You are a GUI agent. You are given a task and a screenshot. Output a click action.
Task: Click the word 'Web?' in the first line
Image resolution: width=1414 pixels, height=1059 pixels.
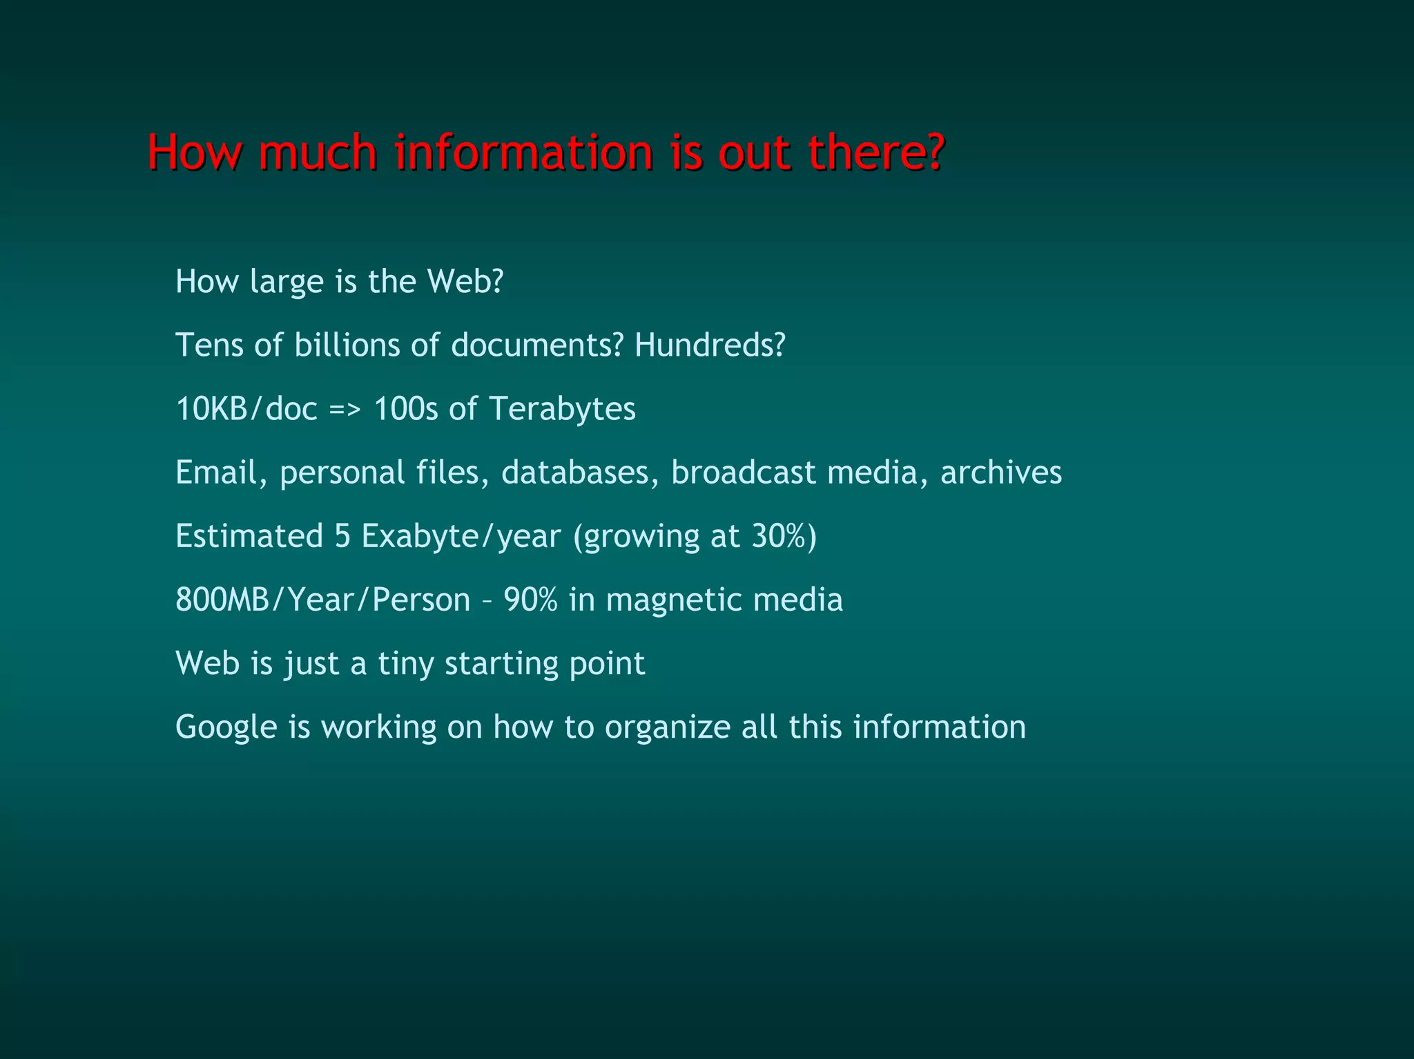[465, 281]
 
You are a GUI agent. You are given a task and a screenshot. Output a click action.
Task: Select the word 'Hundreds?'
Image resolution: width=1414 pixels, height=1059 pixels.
[710, 345]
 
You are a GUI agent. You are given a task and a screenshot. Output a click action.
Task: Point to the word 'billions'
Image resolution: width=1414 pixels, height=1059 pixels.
[347, 345]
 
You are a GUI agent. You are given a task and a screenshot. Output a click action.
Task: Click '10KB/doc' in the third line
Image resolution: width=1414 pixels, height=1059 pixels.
[246, 408]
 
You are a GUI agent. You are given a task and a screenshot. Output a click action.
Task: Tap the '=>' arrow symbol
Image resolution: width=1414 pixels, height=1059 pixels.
[345, 408]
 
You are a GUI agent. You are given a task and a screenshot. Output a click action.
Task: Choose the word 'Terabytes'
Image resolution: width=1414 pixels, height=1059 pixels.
[562, 408]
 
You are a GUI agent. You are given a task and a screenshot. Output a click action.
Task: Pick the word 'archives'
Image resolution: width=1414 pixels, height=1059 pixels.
[1000, 473]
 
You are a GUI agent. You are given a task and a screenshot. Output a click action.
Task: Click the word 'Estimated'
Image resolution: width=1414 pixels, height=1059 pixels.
[249, 536]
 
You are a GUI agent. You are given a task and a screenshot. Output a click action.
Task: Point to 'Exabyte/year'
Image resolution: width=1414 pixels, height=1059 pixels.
[461, 536]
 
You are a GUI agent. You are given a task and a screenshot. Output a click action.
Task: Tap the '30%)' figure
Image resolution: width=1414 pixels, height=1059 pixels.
[784, 536]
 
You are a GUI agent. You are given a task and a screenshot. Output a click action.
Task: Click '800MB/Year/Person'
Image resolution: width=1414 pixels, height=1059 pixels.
[322, 600]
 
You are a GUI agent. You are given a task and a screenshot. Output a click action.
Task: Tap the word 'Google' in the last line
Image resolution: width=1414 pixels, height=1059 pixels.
[226, 727]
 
